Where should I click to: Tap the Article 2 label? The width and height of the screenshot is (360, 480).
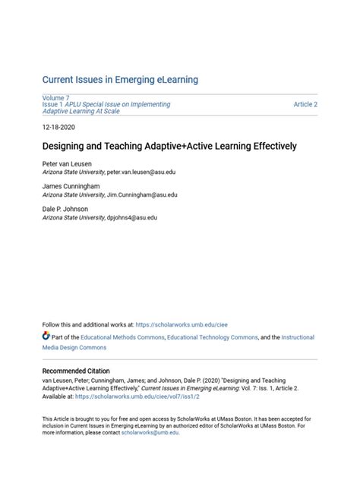tap(305, 104)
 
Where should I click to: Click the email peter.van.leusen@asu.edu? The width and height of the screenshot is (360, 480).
tap(143, 173)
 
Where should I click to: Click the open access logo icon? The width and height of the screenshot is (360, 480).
tap(46, 336)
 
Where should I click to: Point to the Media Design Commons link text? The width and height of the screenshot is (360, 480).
tap(74, 348)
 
